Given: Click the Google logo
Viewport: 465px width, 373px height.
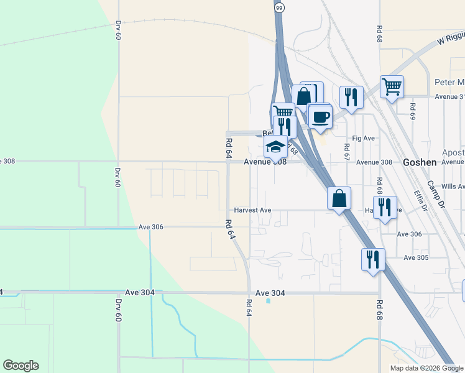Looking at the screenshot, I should click(21, 366).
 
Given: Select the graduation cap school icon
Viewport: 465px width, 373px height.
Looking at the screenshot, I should click(275, 147).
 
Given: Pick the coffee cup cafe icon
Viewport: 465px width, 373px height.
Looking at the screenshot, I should click(320, 116).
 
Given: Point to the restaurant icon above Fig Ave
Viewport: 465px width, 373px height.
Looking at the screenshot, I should click(351, 97).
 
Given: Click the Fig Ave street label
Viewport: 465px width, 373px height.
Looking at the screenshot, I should click(364, 138).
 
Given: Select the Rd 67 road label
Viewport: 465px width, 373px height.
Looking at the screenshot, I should click(347, 152).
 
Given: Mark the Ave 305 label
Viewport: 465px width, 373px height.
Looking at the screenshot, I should click(416, 257).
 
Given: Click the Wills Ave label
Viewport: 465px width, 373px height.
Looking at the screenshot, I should click(453, 186).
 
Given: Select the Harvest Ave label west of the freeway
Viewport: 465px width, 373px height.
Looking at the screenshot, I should click(252, 211).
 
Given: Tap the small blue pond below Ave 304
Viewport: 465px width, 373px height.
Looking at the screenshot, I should click(268, 301).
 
